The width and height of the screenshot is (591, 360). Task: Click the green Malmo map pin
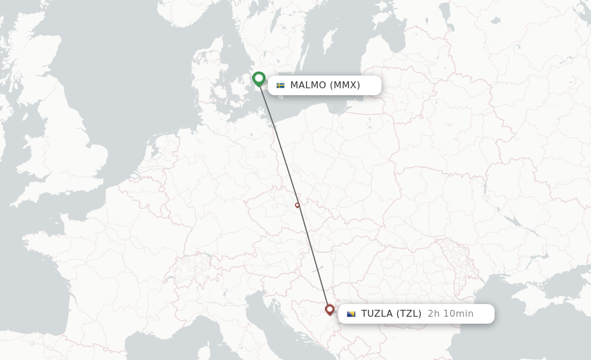259,78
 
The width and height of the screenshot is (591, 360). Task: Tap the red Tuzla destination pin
330,310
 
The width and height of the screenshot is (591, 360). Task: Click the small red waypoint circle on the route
297,205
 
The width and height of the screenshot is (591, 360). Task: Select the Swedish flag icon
280,85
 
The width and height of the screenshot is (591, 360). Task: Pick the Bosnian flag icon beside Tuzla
351,314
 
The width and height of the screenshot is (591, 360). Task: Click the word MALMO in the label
308,85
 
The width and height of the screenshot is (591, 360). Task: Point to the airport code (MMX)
345,85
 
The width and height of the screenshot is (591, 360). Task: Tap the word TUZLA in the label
378,314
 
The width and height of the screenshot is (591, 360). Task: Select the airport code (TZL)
409,314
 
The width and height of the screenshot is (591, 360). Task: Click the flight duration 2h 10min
450,314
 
